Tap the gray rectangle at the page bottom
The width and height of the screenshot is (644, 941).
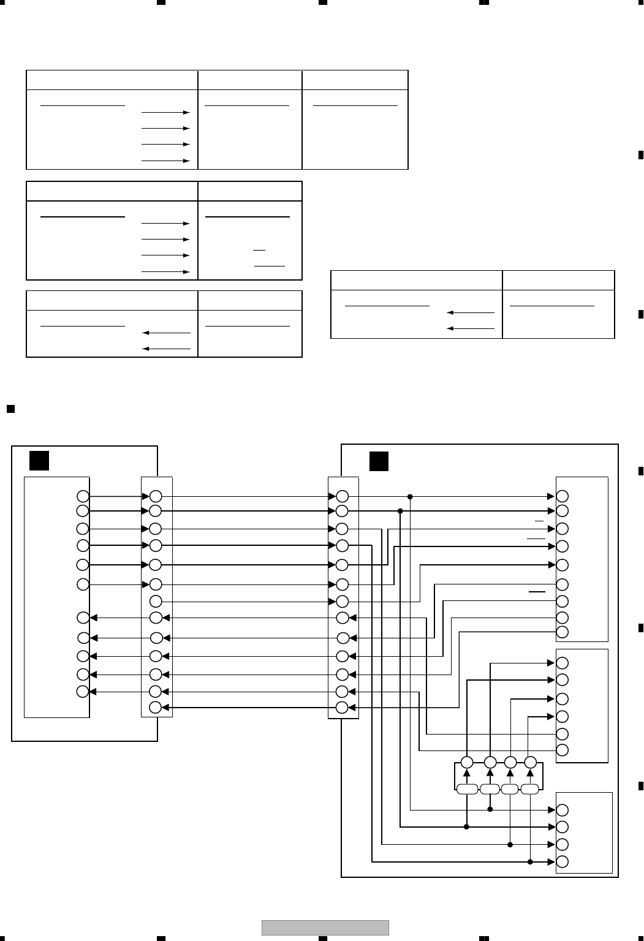(x=325, y=928)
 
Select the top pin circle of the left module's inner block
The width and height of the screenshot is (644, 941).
(x=83, y=496)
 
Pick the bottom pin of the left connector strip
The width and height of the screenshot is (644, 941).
(x=156, y=708)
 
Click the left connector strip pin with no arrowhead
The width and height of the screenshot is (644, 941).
(x=156, y=601)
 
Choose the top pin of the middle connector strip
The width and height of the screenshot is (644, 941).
(x=343, y=496)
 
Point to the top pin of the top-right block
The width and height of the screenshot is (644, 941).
(x=563, y=496)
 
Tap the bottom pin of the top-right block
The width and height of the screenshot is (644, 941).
(x=563, y=632)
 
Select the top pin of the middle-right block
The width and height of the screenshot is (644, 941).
(x=563, y=663)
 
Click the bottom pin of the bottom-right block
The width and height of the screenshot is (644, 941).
(x=563, y=861)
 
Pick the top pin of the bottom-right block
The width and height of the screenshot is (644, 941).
(x=563, y=809)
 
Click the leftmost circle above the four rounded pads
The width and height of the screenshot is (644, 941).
(x=467, y=763)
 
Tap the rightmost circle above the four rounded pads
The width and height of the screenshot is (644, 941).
(x=531, y=763)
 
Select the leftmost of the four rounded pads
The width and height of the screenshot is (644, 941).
(x=467, y=789)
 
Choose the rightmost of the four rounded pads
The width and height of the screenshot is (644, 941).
(x=530, y=789)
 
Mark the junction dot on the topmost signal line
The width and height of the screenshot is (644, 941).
(x=410, y=496)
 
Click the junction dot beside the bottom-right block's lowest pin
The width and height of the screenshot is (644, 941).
(x=530, y=861)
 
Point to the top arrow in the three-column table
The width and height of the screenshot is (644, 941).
(x=165, y=113)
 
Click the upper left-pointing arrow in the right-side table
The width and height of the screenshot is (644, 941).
(x=471, y=312)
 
